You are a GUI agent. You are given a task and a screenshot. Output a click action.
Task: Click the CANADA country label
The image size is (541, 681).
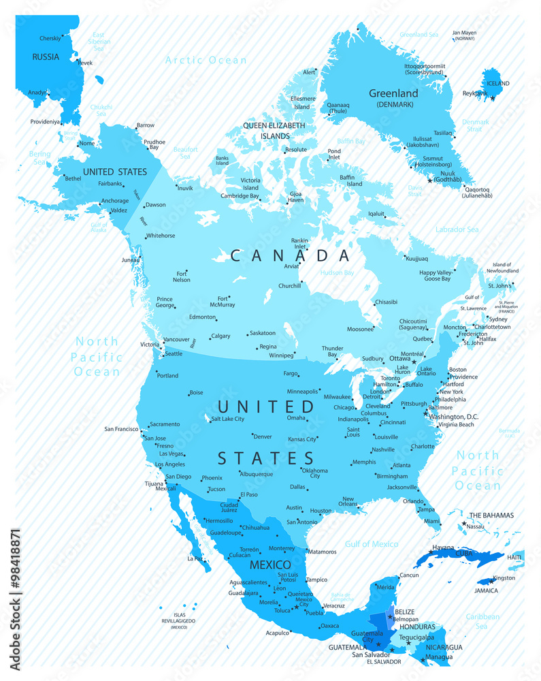tap(291, 256)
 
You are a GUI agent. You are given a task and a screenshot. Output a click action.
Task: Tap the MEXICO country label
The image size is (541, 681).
tap(270, 565)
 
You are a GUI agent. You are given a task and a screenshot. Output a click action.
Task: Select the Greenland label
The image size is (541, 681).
tap(393, 93)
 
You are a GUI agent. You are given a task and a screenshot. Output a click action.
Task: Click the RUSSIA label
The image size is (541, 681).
tap(46, 57)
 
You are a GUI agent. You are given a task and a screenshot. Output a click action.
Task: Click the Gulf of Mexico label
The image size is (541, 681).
tap(371, 543)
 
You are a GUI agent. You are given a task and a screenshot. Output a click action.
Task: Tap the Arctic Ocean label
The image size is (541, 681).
tap(206, 60)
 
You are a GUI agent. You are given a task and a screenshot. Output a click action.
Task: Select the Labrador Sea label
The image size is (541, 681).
tap(457, 229)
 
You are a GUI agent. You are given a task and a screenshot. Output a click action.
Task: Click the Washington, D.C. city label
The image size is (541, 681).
tap(454, 416)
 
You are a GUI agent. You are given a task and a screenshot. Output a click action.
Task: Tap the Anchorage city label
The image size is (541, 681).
tap(114, 201)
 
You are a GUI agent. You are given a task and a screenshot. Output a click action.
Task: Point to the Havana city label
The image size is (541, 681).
tap(443, 547)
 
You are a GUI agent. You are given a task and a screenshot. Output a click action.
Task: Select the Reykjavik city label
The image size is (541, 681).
tap(476, 93)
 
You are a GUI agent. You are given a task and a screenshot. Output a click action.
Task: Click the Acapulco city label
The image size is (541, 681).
tap(278, 633)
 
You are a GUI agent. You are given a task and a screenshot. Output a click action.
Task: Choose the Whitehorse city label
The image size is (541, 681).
tap(160, 236)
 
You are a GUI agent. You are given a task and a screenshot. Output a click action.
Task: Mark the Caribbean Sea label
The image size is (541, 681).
tap(481, 621)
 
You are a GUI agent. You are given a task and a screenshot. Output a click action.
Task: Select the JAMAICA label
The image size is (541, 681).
tap(486, 590)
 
